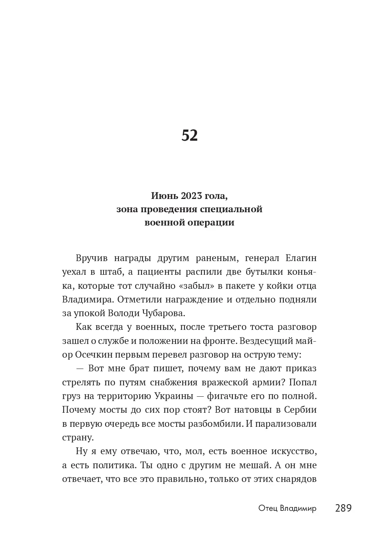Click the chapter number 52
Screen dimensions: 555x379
189,135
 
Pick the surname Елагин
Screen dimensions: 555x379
301,258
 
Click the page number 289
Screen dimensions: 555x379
343,508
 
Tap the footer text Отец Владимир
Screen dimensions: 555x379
287,508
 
